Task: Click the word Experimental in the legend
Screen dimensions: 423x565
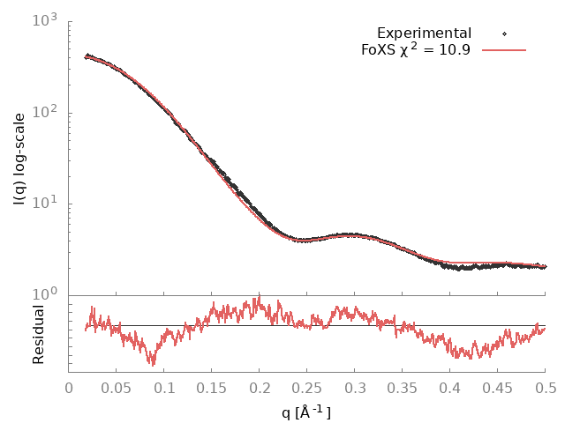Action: [424, 33]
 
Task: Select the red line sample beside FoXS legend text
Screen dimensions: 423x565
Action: [504, 50]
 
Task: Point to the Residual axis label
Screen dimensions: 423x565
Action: [39, 334]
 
